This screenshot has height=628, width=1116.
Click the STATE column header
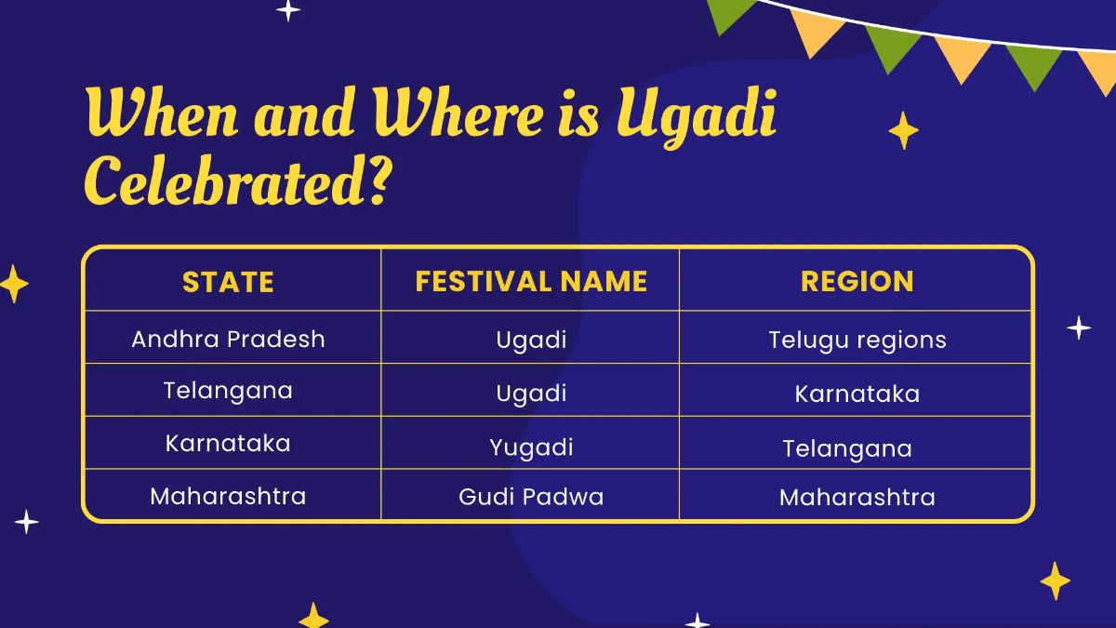tap(228, 282)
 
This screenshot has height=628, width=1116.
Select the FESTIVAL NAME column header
tap(531, 282)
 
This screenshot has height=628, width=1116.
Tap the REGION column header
tap(857, 282)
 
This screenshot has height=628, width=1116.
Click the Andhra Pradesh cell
tap(228, 339)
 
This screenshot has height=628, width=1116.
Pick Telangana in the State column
tap(228, 391)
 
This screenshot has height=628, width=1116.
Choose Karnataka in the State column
tap(228, 444)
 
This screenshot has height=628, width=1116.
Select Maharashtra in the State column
tap(228, 496)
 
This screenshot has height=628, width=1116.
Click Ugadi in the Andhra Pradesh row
tap(531, 340)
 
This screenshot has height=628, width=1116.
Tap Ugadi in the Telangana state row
tap(531, 393)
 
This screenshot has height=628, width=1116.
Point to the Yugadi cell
tap(531, 448)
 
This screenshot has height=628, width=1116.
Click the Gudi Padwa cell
tap(531, 497)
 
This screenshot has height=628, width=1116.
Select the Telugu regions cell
tap(857, 341)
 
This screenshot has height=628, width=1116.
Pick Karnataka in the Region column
tap(857, 394)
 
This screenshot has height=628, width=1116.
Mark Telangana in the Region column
tap(846, 449)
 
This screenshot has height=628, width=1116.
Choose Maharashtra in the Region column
tap(857, 498)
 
